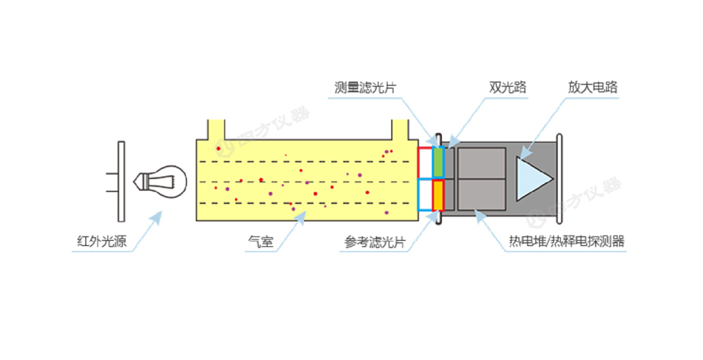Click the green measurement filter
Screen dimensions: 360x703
click(437, 162)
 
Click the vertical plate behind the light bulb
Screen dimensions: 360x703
click(121, 180)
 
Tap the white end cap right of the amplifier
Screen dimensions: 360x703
click(560, 178)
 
